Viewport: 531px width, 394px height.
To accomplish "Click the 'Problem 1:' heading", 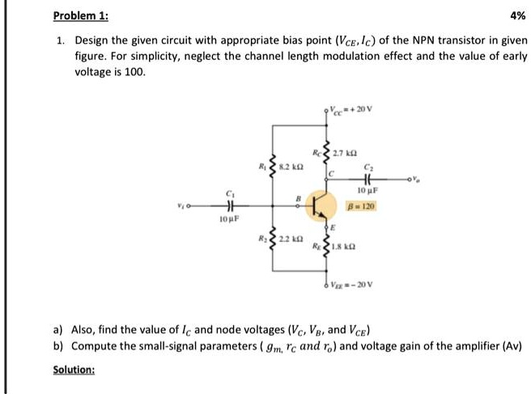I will (x=81, y=15).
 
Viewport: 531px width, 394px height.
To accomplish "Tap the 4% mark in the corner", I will (x=517, y=15).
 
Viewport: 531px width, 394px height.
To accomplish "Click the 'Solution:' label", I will (x=74, y=370).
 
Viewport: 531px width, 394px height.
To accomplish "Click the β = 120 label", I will (x=362, y=205).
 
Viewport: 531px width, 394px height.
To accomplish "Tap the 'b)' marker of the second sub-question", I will (x=59, y=345).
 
